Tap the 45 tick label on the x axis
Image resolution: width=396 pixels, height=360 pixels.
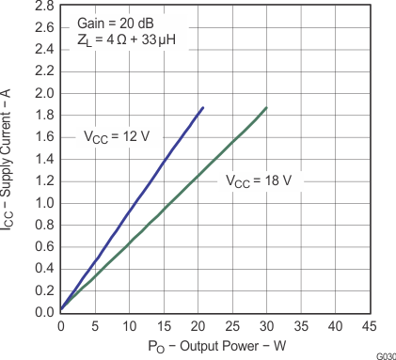(370, 325)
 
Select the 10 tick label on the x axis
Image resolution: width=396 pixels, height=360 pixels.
(129, 325)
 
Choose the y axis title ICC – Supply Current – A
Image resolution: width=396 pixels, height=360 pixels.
(10, 160)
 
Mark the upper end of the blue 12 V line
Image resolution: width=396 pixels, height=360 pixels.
(203, 108)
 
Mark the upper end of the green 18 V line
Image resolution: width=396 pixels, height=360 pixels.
(266, 108)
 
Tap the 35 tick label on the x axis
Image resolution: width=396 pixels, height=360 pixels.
(301, 325)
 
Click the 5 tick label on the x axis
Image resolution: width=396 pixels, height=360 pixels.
(95, 325)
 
